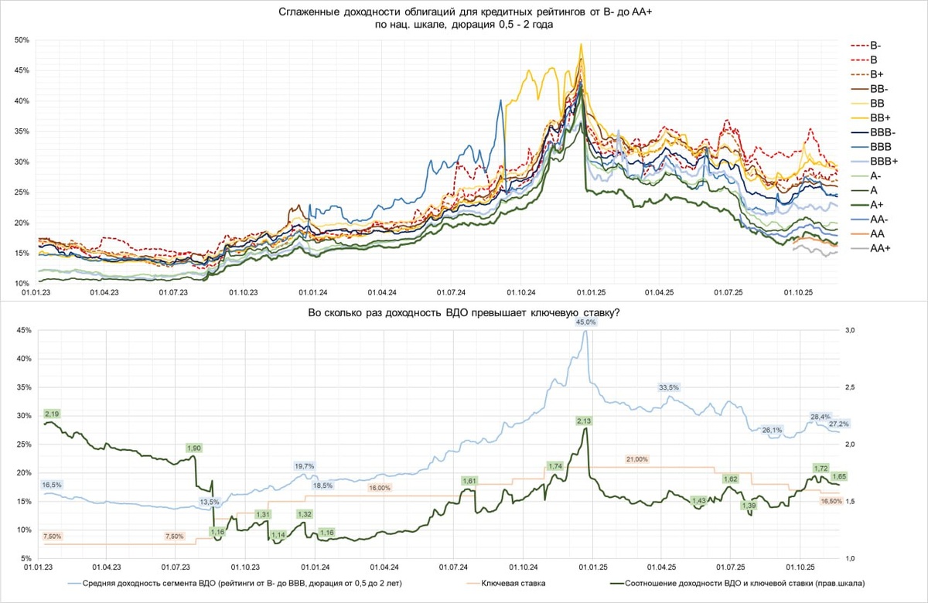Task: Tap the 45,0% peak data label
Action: tap(586, 322)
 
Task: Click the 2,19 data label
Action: tap(53, 414)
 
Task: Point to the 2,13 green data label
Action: tap(584, 420)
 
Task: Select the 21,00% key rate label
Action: tap(637, 459)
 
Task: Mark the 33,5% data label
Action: tap(668, 387)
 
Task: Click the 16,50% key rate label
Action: tap(831, 501)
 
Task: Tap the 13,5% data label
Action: tap(210, 502)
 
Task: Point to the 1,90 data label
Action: tap(194, 448)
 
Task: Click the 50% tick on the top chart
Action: tap(22, 40)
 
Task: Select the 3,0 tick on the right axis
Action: tap(850, 330)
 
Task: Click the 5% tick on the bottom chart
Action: tap(25, 558)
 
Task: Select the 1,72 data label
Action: tap(821, 468)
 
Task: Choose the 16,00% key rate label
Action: tap(380, 488)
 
